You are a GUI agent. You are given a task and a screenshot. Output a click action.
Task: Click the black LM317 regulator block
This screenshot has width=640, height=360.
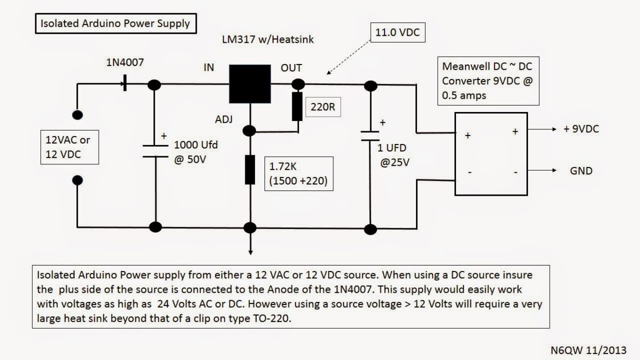[249, 84]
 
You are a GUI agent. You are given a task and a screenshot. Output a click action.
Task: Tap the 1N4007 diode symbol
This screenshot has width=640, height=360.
[124, 84]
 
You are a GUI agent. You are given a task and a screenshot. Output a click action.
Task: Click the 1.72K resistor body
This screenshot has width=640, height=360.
[250, 170]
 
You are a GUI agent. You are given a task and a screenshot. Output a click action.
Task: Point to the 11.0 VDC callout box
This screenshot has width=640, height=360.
[395, 32]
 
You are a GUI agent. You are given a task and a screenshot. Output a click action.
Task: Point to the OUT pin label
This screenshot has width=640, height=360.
[291, 68]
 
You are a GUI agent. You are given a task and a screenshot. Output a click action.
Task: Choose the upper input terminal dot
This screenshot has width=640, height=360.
[77, 115]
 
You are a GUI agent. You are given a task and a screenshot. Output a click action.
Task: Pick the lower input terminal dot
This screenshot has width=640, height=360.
[77, 180]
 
